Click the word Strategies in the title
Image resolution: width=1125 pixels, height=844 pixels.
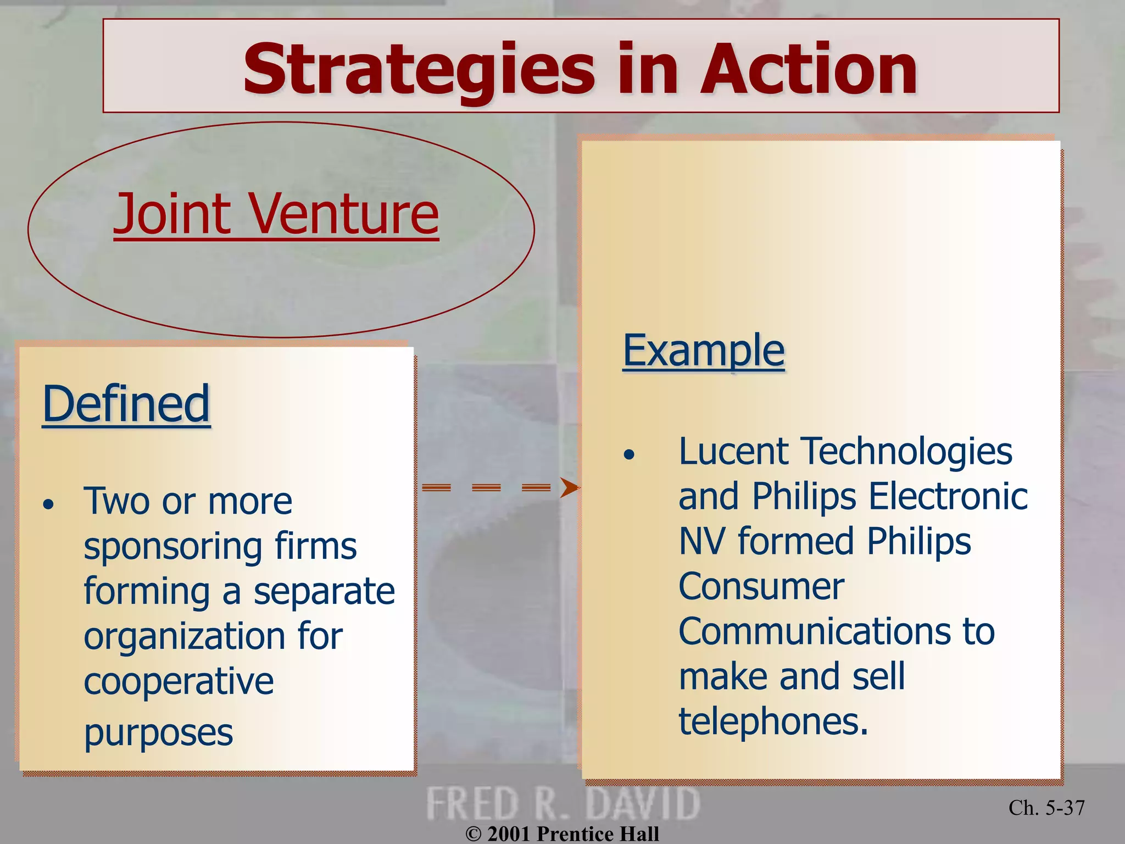coord(419,70)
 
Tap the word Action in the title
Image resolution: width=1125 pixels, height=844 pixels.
coord(808,70)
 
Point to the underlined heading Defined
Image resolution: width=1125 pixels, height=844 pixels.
coord(126,404)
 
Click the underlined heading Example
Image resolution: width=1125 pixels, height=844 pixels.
coord(704,350)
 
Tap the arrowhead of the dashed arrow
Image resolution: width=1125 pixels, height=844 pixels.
coord(569,487)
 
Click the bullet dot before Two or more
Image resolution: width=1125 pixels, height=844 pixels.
coord(49,504)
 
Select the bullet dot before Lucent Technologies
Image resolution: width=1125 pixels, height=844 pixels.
coord(629,454)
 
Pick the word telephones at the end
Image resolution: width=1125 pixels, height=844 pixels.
coord(773,721)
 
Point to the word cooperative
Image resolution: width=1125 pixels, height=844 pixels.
coord(179,682)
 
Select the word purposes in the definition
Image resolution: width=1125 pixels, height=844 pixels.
coord(158,733)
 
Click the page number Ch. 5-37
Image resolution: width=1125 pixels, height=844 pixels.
coord(1046,808)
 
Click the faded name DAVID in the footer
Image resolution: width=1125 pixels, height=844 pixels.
coord(643,803)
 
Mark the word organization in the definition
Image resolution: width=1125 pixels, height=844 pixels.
coord(184,637)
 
